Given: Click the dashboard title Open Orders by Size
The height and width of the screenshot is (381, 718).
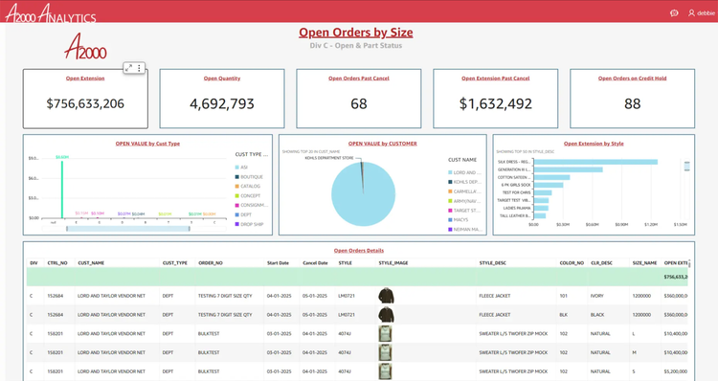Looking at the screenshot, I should click(355, 33).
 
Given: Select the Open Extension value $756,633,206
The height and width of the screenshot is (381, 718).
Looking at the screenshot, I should click(85, 103).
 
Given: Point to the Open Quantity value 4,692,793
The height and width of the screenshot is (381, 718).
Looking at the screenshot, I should click(222, 103).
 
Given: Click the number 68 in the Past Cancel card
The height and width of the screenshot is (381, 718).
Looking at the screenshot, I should click(359, 103).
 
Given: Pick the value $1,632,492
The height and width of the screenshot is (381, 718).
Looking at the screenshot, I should click(495, 103).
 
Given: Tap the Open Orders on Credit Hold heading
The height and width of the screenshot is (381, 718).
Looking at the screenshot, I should click(632, 78).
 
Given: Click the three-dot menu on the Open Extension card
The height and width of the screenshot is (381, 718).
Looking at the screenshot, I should click(140, 68).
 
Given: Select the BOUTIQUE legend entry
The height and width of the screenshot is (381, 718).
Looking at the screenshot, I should click(251, 176).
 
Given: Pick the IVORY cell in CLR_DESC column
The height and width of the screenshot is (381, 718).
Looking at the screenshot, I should click(596, 296).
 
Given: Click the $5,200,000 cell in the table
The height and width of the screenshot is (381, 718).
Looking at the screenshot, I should click(675, 370).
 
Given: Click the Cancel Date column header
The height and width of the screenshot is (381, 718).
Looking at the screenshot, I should click(315, 262).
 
